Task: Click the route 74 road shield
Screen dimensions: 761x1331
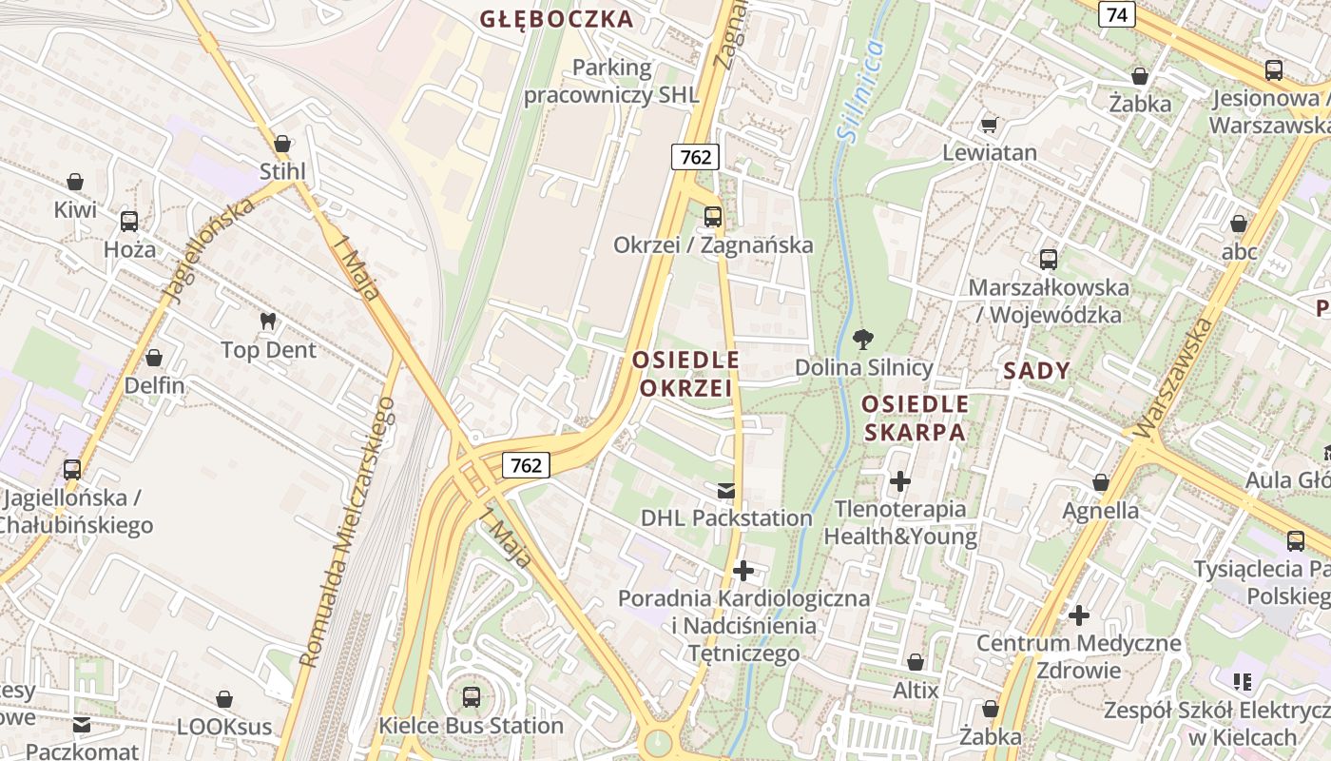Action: coord(1116,14)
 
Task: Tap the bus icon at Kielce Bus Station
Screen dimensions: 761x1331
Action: coord(471,697)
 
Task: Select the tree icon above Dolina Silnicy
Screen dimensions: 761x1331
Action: coord(863,339)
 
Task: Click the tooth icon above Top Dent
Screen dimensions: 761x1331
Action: coord(268,322)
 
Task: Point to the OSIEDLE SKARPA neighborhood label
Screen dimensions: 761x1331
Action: coord(915,419)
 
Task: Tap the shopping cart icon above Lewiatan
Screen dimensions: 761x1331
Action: coord(989,125)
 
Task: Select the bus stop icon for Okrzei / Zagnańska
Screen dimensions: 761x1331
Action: coord(713,217)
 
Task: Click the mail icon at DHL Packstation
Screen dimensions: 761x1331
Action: coord(726,491)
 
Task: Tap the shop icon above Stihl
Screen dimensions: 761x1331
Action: coord(282,145)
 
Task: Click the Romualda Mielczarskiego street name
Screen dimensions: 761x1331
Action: coord(347,533)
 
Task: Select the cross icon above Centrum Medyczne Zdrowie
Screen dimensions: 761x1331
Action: coord(1078,615)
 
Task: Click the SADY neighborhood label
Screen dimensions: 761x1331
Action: coord(1036,371)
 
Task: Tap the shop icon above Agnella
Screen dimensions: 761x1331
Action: coord(1101,482)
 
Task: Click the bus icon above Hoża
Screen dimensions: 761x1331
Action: coord(129,222)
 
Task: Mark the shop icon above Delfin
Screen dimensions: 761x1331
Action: coord(154,359)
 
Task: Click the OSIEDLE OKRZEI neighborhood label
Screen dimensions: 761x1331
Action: coord(685,374)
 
